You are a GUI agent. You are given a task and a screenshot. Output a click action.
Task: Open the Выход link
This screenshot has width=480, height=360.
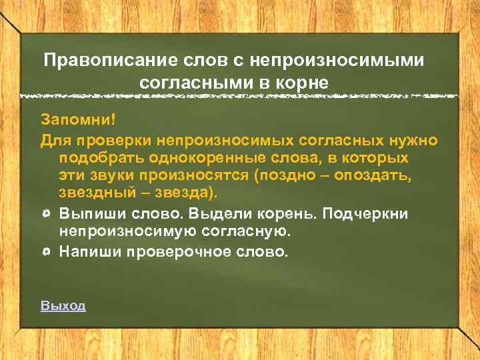tap(63, 306)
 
